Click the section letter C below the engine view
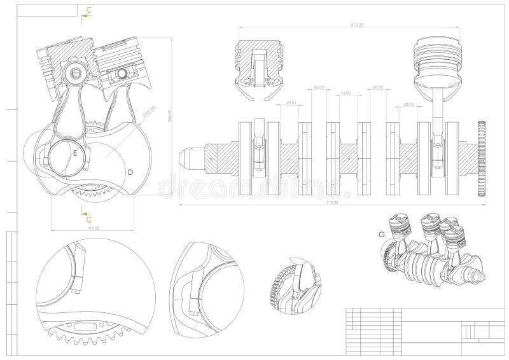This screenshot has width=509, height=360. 89,219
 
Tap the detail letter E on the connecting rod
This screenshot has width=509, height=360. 75,154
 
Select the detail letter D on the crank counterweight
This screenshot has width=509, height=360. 130,172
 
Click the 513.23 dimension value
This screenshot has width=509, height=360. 349,24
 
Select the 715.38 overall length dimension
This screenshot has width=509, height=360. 331,203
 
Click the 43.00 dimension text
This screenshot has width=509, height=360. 346,93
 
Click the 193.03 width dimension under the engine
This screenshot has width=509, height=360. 92,228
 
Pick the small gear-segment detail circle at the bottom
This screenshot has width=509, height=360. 293,286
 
